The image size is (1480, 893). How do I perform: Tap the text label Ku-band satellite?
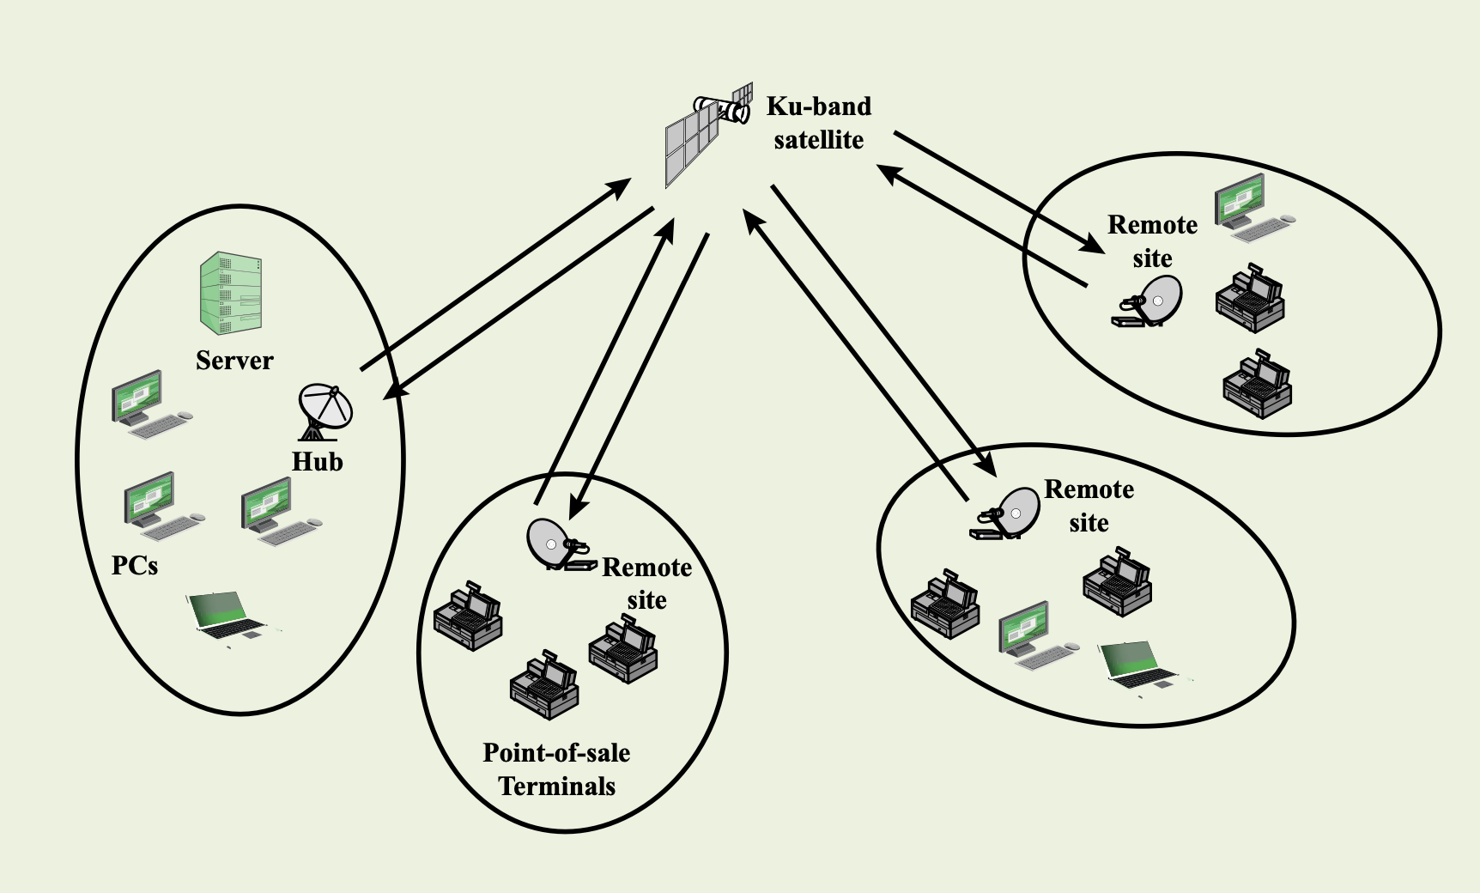818,123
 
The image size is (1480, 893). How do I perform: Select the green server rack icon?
231,293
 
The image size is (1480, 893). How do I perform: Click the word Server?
234,360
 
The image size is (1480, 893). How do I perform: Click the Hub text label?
317,462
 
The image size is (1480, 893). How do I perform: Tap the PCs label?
135,565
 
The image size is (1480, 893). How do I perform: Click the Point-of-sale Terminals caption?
556,769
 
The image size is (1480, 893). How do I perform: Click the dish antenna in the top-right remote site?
1147,302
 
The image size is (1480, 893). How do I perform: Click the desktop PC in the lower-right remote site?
1037,635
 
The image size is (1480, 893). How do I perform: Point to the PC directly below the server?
150,404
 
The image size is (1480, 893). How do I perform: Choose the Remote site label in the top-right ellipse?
1152,241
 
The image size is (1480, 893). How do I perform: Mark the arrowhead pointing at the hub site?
394,391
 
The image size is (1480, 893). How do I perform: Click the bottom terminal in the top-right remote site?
1258,383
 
